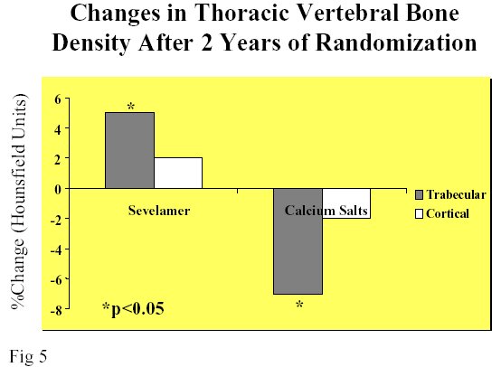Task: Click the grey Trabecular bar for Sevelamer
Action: click(x=129, y=150)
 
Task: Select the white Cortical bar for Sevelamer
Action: click(x=178, y=174)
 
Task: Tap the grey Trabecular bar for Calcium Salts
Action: click(x=298, y=241)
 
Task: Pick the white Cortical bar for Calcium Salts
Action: click(x=346, y=203)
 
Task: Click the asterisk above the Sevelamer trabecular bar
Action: click(x=131, y=107)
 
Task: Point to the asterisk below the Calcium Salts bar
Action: click(x=299, y=305)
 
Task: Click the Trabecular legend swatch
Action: click(x=419, y=195)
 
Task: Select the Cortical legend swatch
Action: click(x=419, y=213)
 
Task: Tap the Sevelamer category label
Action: click(x=159, y=211)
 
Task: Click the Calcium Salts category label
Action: click(x=326, y=211)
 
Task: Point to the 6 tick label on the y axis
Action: click(x=58, y=99)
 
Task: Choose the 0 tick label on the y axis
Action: click(x=58, y=189)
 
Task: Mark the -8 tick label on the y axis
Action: click(x=56, y=310)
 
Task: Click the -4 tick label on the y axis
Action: click(x=56, y=249)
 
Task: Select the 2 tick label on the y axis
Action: click(x=58, y=159)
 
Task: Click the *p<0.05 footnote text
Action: click(x=133, y=308)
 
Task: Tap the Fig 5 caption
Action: click(x=28, y=356)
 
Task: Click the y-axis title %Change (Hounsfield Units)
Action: click(x=19, y=202)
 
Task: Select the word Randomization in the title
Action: click(x=396, y=42)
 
